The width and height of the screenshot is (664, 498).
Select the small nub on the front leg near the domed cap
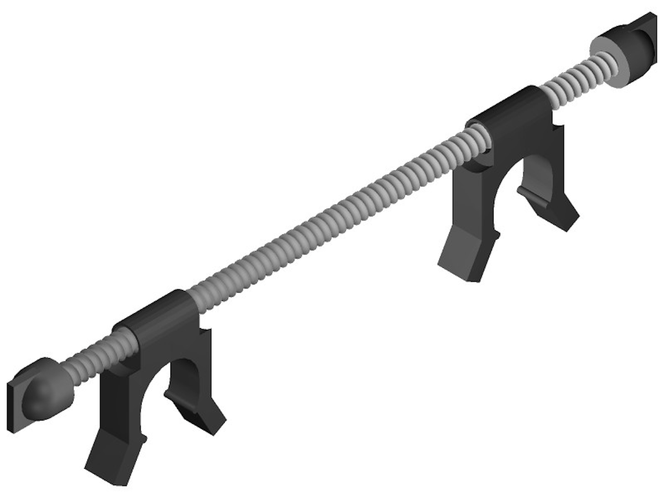tap(144, 438)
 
